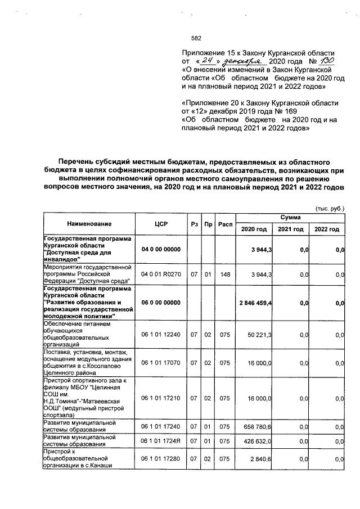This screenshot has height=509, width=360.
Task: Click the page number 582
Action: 196,38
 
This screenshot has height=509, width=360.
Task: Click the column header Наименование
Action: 87,224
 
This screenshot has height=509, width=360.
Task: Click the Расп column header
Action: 226,224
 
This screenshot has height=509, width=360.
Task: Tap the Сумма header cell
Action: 291,217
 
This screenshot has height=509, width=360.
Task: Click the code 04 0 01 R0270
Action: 161,275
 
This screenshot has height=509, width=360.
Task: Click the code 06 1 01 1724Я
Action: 161,442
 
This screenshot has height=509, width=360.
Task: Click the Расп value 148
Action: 226,275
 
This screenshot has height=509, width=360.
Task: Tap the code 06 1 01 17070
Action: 161,363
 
